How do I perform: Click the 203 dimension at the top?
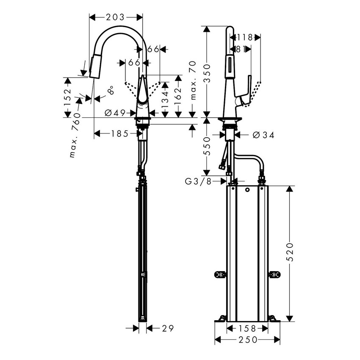[x=115, y=17]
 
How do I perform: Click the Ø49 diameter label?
[x=114, y=113]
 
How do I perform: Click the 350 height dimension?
[x=207, y=72]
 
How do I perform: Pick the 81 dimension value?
[x=241, y=50]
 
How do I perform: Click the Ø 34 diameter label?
[x=263, y=135]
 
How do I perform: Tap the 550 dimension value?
[x=207, y=147]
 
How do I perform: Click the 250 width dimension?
[x=247, y=340]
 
